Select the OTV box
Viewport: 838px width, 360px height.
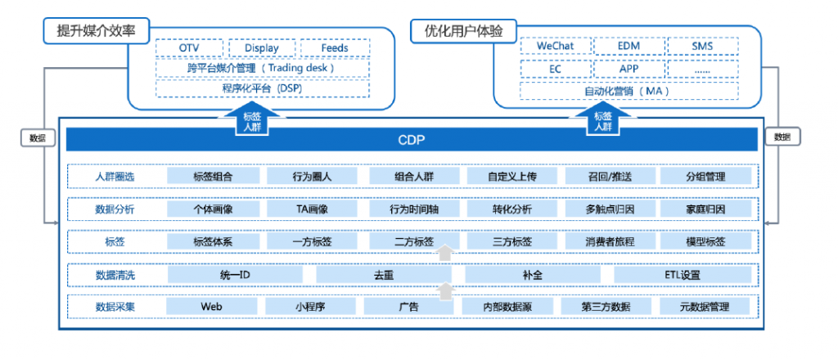pyautogui.click(x=190, y=48)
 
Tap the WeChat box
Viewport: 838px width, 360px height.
pyautogui.click(x=556, y=46)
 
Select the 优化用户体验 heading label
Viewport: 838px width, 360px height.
pyautogui.click(x=463, y=32)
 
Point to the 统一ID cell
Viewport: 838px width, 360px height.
pyautogui.click(x=235, y=275)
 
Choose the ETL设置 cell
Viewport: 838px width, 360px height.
pyautogui.click(x=683, y=275)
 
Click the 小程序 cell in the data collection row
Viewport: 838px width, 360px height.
pyautogui.click(x=311, y=307)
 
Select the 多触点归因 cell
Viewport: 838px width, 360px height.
pyautogui.click(x=610, y=209)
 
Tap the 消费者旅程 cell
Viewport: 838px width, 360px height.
pyautogui.click(x=610, y=241)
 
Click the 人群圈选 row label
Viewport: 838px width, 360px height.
pyautogui.click(x=115, y=176)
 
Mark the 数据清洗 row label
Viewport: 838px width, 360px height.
pyautogui.click(x=115, y=275)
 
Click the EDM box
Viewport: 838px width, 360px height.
pyautogui.click(x=628, y=46)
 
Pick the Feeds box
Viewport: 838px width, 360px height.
pyautogui.click(x=334, y=48)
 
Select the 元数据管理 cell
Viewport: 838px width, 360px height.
pyautogui.click(x=704, y=307)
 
